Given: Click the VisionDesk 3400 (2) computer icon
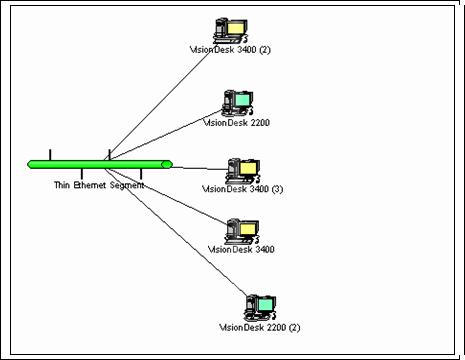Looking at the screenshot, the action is (231, 30).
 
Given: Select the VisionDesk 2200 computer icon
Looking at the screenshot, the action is (238, 103).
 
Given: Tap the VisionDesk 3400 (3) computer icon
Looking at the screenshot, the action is (243, 171).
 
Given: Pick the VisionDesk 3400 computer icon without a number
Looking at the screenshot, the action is (242, 231).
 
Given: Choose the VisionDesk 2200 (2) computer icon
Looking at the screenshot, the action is (260, 307).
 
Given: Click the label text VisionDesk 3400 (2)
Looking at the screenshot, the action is (230, 50).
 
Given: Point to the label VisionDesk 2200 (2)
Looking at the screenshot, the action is (260, 327).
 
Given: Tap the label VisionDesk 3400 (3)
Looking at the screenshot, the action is (243, 189).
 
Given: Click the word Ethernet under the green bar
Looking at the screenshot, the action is (90, 185).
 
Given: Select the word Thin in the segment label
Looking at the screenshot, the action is (61, 185).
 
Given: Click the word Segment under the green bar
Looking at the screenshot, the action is (127, 185).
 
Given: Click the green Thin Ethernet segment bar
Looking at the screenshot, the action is (100, 164).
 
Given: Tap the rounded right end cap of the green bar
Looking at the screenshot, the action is (167, 164).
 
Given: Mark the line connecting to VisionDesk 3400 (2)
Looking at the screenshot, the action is (158, 106).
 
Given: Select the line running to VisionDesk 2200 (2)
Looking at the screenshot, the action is (176, 232).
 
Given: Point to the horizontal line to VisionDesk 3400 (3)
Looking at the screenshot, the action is (199, 168).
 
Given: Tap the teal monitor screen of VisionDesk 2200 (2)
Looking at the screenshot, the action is (265, 304).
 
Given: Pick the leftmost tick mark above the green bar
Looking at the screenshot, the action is (50, 155).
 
